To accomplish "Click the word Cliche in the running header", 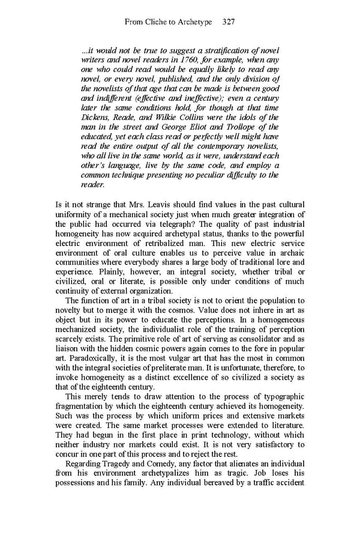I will [158, 22].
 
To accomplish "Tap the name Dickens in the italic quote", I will [95, 117].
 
